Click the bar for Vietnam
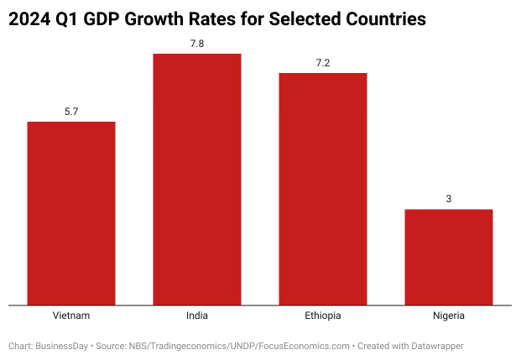pyautogui.click(x=71, y=213)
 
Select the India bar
pyautogui.click(x=197, y=179)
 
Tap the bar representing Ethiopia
pyautogui.click(x=323, y=189)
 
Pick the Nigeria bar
pyautogui.click(x=449, y=257)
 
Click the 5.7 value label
pyautogui.click(x=71, y=111)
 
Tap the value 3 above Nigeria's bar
pyautogui.click(x=449, y=198)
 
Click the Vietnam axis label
pyautogui.click(x=71, y=316)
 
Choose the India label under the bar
pyautogui.click(x=197, y=316)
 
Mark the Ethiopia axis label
pyautogui.click(x=323, y=316)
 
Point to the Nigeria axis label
pyautogui.click(x=449, y=316)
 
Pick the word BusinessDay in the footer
pyautogui.click(x=63, y=346)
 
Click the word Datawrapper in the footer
pyautogui.click(x=435, y=346)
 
